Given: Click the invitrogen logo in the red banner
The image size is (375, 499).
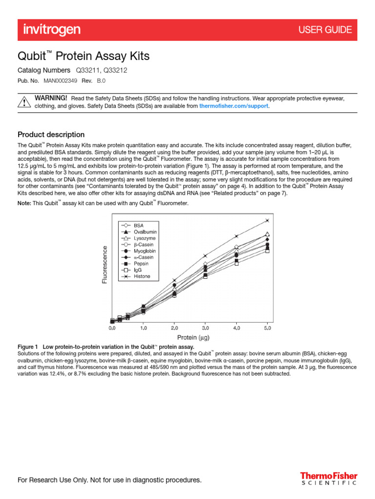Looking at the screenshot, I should (x=52, y=30).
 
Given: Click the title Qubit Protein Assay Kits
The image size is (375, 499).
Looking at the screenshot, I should (x=83, y=57).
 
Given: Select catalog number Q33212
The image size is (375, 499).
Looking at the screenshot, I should (x=116, y=70).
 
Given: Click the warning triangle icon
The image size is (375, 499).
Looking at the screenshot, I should (x=24, y=102).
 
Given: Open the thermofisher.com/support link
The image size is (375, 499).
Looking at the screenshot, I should (x=234, y=106).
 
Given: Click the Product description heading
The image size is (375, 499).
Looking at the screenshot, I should (x=51, y=134).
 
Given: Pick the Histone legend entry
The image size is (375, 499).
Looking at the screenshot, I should (x=142, y=276).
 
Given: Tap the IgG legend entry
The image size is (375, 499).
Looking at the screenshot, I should (x=138, y=270).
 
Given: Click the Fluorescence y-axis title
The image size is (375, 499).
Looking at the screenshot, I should (x=104, y=264).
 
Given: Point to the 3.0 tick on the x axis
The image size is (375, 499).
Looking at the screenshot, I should (x=205, y=329).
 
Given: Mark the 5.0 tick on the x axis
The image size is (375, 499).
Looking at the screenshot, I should (x=267, y=329).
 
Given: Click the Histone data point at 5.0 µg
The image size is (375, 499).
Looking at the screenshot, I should (x=267, y=221).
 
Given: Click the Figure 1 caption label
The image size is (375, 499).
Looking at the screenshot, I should (x=30, y=346).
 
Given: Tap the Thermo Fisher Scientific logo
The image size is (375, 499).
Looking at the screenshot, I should (x=328, y=478).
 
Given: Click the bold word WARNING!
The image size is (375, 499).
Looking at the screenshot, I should (x=51, y=98).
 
